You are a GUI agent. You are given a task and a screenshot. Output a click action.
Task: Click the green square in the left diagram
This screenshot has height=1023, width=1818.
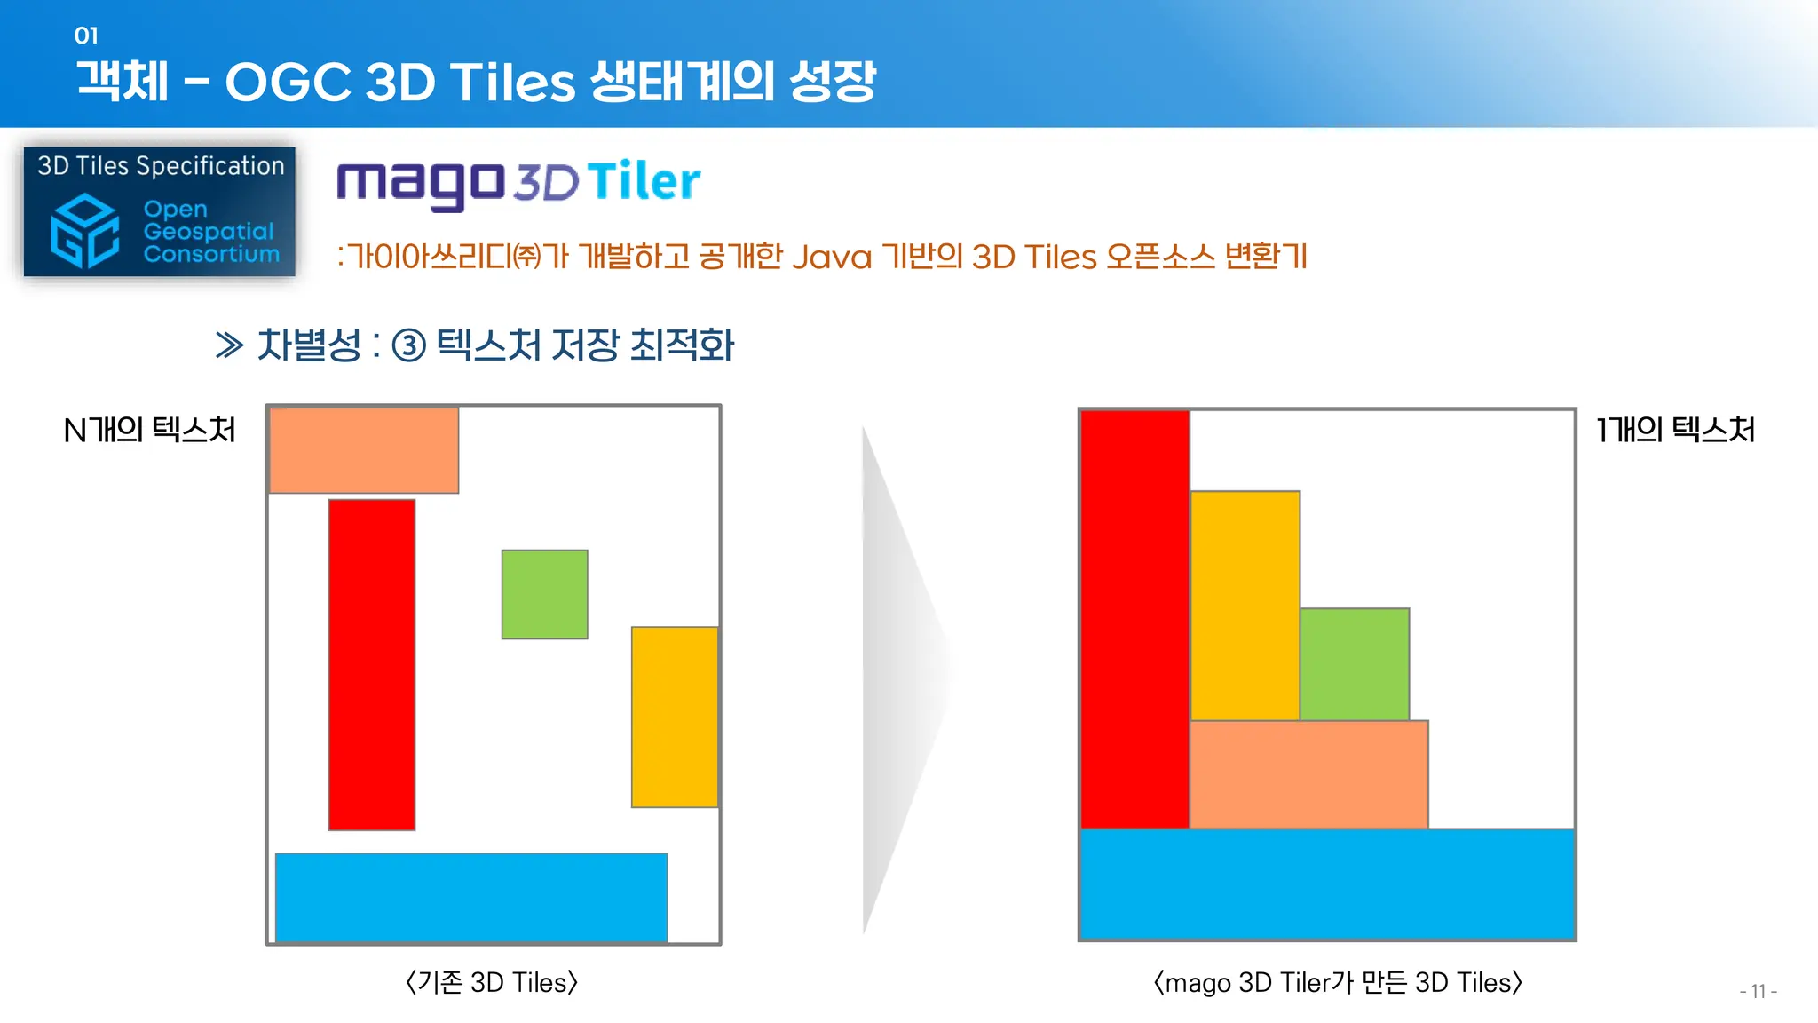tap(544, 594)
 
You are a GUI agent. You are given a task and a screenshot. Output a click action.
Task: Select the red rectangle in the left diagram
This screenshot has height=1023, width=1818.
tap(372, 664)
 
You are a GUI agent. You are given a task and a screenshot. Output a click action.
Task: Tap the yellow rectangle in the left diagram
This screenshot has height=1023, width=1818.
tap(675, 717)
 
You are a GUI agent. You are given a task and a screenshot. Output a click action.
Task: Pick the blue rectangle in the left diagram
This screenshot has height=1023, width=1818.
tap(471, 897)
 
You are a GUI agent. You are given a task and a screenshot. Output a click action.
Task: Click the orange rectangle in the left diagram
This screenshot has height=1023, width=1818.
tap(364, 450)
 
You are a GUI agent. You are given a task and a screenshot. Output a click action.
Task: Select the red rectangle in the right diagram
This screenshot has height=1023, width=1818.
tap(1134, 619)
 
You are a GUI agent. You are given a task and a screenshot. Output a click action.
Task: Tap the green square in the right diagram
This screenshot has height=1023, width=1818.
tap(1355, 664)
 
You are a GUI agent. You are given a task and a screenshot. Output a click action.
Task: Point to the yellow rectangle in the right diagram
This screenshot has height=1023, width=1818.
tap(1245, 606)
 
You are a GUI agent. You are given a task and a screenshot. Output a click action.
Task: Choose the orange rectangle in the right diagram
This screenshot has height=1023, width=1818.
tap(1308, 774)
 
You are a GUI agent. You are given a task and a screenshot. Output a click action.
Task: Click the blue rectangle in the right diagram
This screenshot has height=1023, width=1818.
tap(1327, 884)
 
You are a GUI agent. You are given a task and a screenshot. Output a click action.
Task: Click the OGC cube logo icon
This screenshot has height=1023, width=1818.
tap(85, 231)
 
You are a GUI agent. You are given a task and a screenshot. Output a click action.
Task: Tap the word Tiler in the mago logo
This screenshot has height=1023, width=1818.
tap(644, 181)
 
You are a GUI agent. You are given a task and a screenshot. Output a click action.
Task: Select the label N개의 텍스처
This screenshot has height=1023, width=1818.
tap(149, 430)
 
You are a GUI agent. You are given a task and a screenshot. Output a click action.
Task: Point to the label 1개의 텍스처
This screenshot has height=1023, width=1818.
tap(1675, 430)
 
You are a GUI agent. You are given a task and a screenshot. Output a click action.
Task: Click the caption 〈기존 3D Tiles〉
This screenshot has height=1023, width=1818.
tap(492, 982)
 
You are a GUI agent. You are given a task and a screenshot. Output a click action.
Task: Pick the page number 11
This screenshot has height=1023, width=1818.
tap(1758, 991)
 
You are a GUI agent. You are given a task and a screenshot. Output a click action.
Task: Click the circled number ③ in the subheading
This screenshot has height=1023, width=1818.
tap(409, 345)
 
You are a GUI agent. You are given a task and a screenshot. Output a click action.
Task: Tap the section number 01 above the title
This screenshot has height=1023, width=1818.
tap(86, 36)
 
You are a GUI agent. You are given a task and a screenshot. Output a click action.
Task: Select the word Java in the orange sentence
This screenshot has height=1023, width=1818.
tap(832, 258)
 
